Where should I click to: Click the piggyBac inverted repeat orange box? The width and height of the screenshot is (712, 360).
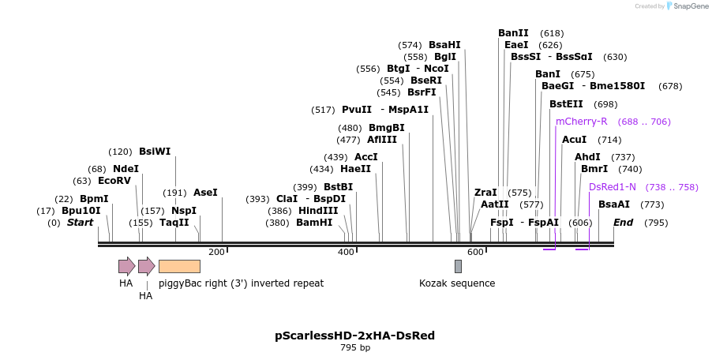[179, 266]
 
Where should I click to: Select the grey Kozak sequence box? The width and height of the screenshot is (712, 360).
[458, 266]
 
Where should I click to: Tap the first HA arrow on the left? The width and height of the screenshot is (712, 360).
[126, 266]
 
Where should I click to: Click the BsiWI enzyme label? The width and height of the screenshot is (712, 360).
[155, 152]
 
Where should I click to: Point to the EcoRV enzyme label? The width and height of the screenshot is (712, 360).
[114, 181]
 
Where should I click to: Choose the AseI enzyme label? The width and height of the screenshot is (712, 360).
[205, 193]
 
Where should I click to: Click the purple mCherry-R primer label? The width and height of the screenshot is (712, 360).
[582, 122]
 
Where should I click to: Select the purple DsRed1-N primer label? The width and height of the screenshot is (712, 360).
[613, 187]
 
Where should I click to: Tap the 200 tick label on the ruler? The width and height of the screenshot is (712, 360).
[216, 252]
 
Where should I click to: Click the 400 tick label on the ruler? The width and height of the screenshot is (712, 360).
[346, 252]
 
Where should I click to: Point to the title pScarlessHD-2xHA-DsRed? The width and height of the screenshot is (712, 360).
[355, 336]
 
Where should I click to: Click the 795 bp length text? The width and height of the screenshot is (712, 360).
[355, 348]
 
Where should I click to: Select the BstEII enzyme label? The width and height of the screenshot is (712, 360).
[566, 104]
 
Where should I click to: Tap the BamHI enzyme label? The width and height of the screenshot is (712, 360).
[314, 223]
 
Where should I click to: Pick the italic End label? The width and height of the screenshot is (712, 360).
[624, 223]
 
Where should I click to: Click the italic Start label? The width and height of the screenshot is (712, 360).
[80, 223]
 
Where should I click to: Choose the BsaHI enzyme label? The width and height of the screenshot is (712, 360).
[444, 45]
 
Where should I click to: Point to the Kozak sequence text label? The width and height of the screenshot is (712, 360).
[457, 283]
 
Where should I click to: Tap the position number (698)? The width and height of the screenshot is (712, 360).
[606, 104]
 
